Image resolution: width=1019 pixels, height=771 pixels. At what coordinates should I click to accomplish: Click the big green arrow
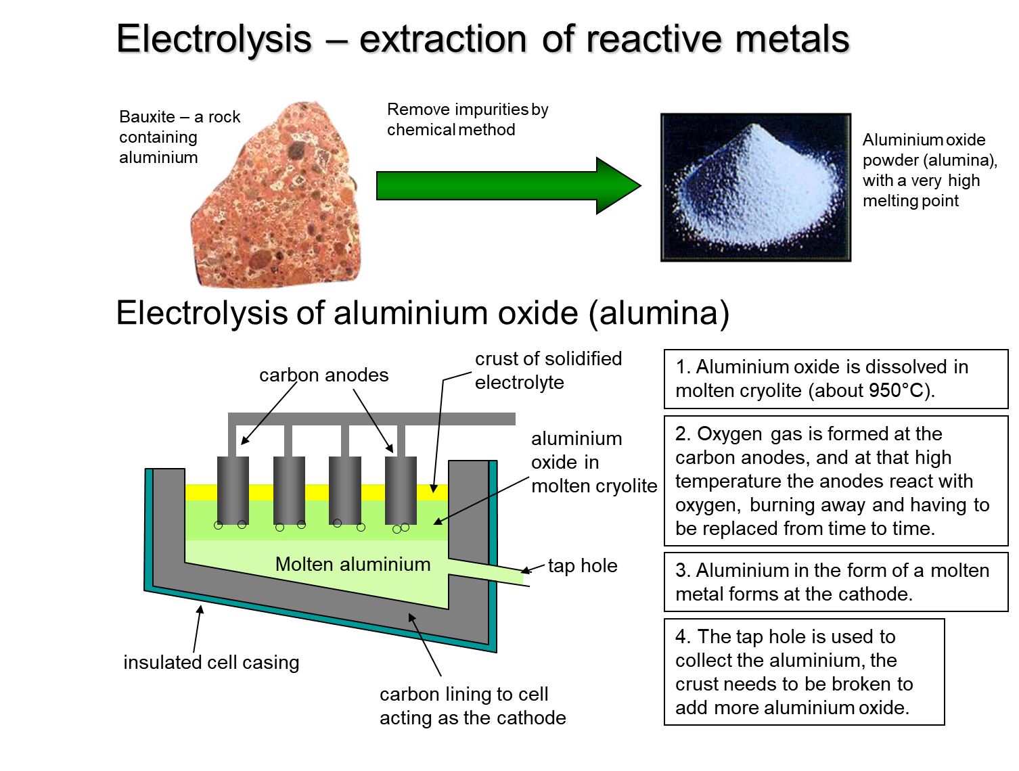[508, 185]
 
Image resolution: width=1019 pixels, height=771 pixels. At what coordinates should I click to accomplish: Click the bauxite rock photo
[276, 195]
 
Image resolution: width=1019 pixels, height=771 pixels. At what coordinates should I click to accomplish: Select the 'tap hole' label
[583, 566]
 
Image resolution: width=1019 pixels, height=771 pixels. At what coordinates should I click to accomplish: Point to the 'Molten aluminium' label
[353, 565]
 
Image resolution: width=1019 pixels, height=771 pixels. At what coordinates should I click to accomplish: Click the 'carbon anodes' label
[323, 375]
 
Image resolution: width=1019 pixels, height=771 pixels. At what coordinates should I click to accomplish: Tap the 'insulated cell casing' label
[211, 662]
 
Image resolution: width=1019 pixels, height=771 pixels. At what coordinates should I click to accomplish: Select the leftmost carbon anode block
[233, 491]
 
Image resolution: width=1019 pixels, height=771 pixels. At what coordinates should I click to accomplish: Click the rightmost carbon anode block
[401, 491]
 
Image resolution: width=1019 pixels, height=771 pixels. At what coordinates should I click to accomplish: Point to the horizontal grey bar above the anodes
[371, 419]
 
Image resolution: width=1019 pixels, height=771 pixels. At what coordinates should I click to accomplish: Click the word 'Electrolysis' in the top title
[214, 39]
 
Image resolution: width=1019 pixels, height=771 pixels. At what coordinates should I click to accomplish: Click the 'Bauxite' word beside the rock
[147, 116]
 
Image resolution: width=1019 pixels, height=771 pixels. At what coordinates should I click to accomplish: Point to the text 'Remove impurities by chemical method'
[468, 119]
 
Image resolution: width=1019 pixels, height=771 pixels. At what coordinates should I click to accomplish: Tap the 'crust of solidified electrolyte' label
[548, 371]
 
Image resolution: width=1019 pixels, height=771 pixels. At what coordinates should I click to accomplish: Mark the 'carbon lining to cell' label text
[464, 695]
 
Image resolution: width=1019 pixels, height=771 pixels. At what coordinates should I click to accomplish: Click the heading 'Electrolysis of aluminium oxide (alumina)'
[422, 313]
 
